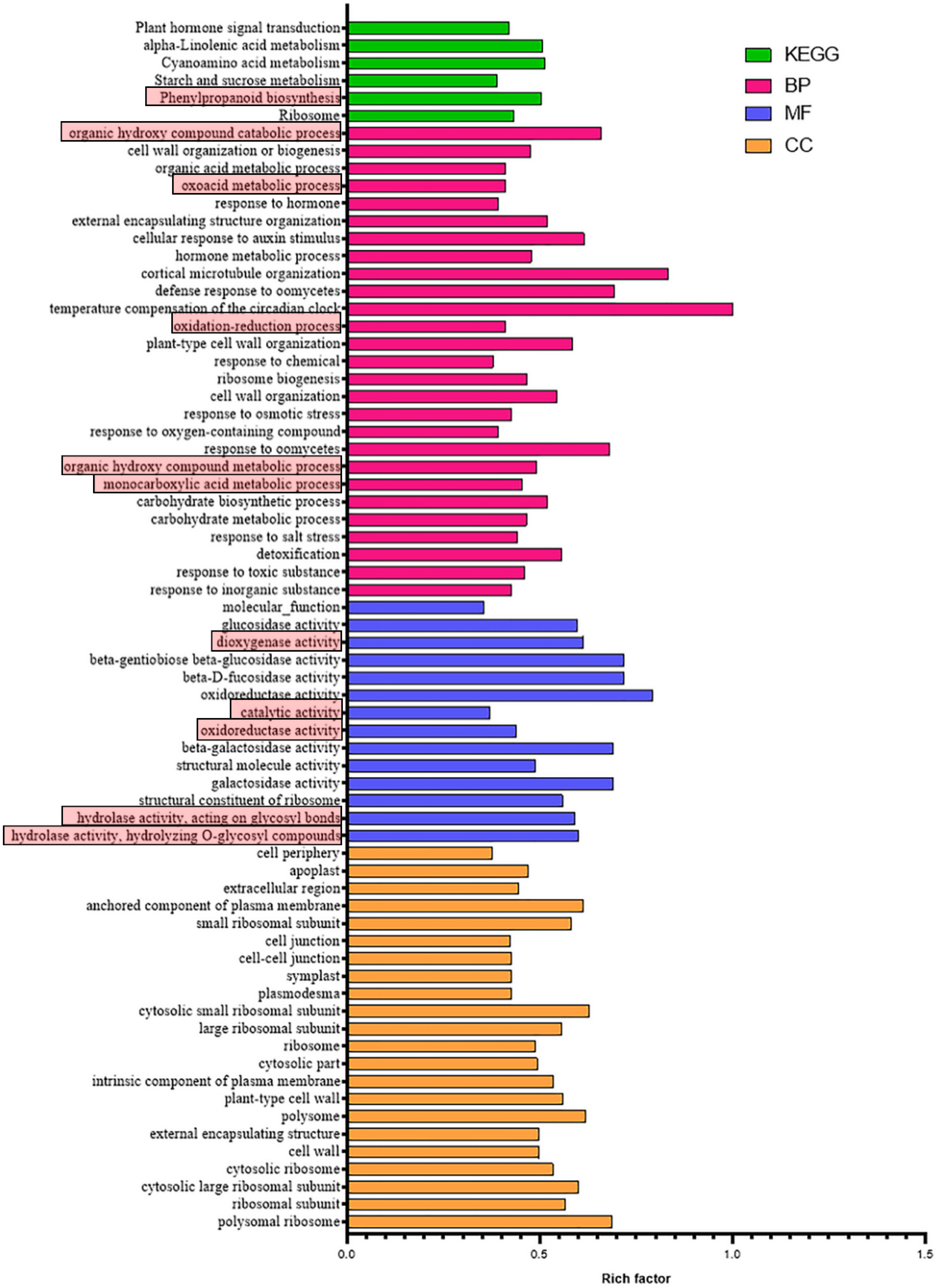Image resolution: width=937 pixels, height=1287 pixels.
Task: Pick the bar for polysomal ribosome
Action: tap(480, 1222)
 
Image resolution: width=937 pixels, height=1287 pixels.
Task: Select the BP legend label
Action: tap(797, 85)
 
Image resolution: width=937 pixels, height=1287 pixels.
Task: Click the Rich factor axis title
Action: tap(636, 1278)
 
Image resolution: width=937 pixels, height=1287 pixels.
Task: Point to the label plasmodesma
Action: tap(299, 994)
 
